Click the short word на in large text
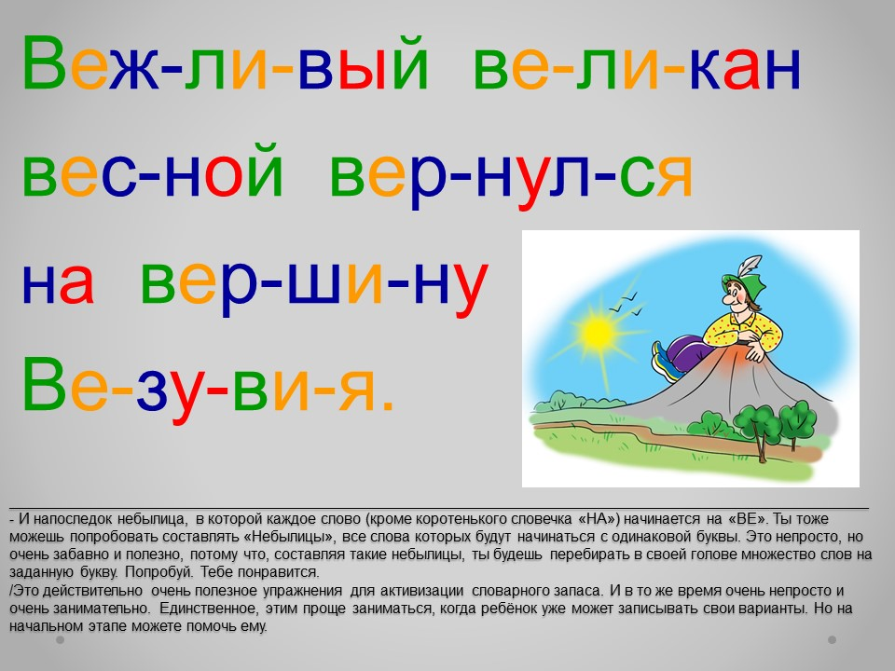(58, 282)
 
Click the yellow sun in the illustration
(597, 333)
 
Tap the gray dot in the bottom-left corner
(60, 640)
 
